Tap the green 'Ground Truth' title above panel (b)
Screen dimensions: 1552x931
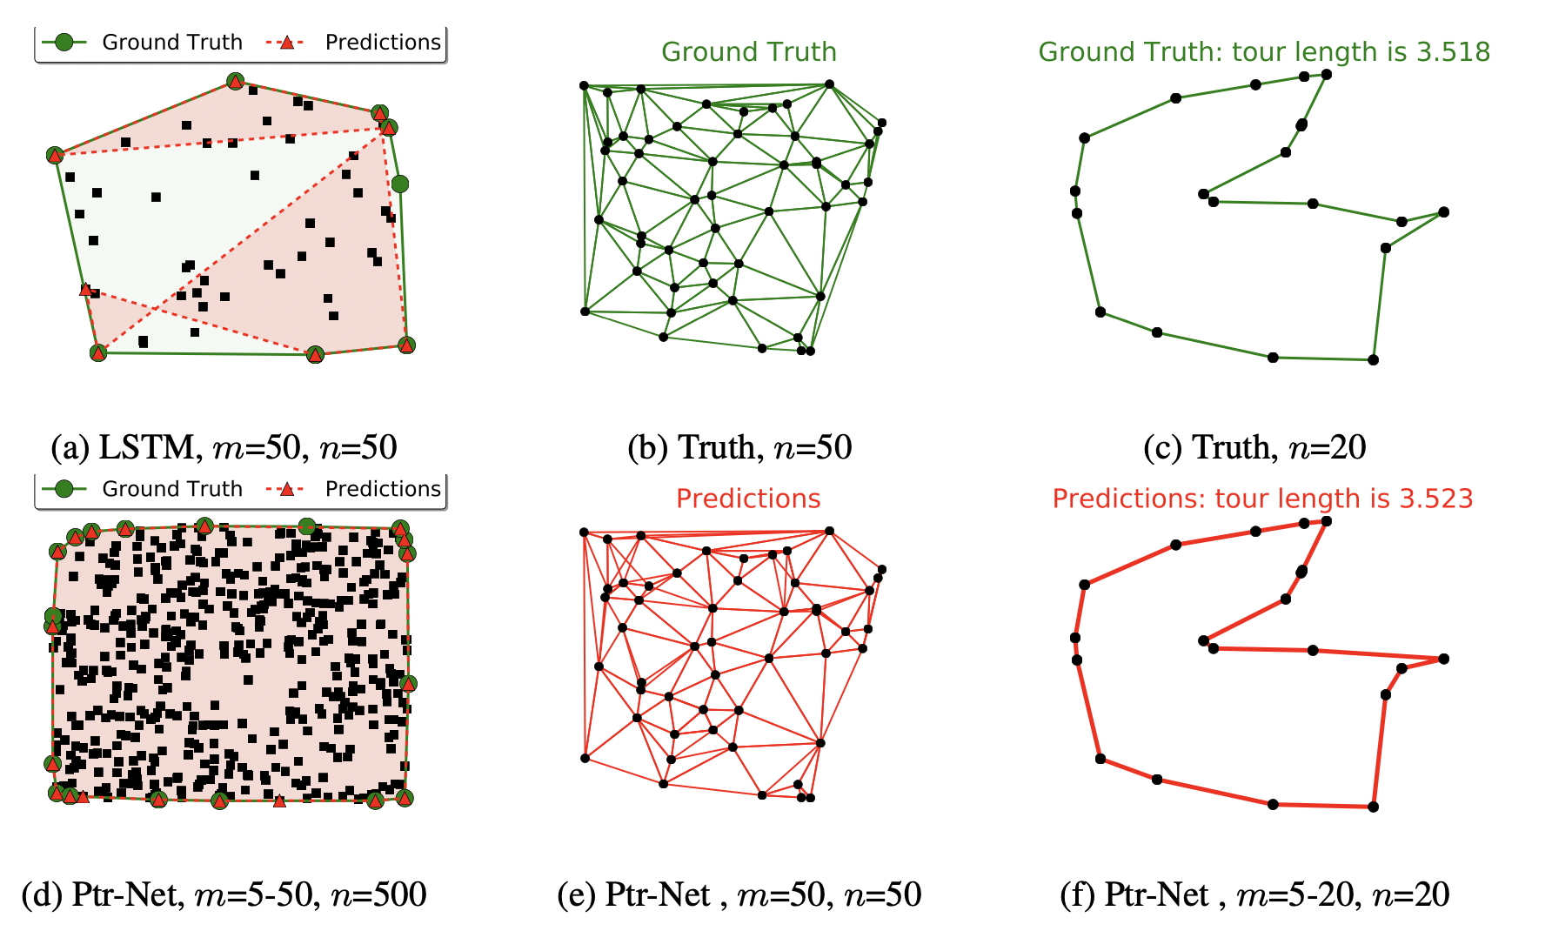pyautogui.click(x=748, y=52)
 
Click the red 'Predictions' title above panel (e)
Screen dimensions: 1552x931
pyautogui.click(x=748, y=499)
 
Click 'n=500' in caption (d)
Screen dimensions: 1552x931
pyautogui.click(x=379, y=894)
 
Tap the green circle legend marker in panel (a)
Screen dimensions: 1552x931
pyautogui.click(x=64, y=42)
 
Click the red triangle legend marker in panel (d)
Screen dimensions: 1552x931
pyautogui.click(x=286, y=489)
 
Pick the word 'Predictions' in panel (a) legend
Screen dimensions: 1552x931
pyautogui.click(x=383, y=42)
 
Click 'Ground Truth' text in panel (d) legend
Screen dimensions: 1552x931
pyautogui.click(x=172, y=489)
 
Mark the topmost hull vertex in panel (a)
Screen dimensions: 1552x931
pyautogui.click(x=235, y=81)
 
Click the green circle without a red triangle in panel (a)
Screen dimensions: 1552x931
pyautogui.click(x=399, y=184)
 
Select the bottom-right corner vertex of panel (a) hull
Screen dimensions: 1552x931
pyautogui.click(x=406, y=345)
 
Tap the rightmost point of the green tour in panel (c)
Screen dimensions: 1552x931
pyautogui.click(x=1443, y=211)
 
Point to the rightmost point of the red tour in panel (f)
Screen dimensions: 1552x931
pyautogui.click(x=1443, y=659)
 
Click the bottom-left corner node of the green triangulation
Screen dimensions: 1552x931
pyautogui.click(x=585, y=311)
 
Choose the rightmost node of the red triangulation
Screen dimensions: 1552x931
pyautogui.click(x=881, y=570)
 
